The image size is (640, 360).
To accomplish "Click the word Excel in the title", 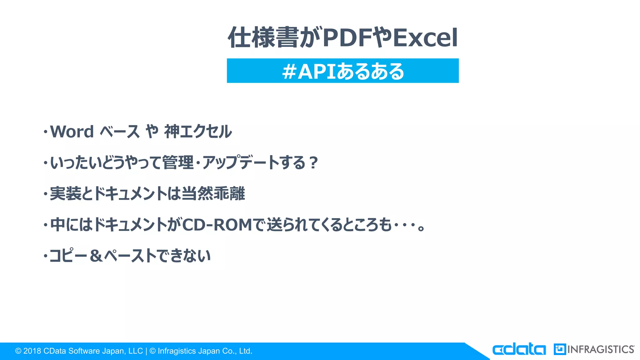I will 425,38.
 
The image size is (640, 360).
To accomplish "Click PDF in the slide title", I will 347,38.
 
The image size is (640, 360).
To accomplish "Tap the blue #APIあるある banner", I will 342,71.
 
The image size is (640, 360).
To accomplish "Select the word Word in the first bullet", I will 72,132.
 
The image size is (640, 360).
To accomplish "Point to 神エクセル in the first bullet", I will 198,132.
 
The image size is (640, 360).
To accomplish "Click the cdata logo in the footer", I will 519,349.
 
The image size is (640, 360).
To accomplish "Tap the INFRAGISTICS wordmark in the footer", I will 601,349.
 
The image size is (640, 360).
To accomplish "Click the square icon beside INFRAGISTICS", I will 560,349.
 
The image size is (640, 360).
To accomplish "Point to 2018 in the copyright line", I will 32,351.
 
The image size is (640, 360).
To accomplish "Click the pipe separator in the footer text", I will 146,351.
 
